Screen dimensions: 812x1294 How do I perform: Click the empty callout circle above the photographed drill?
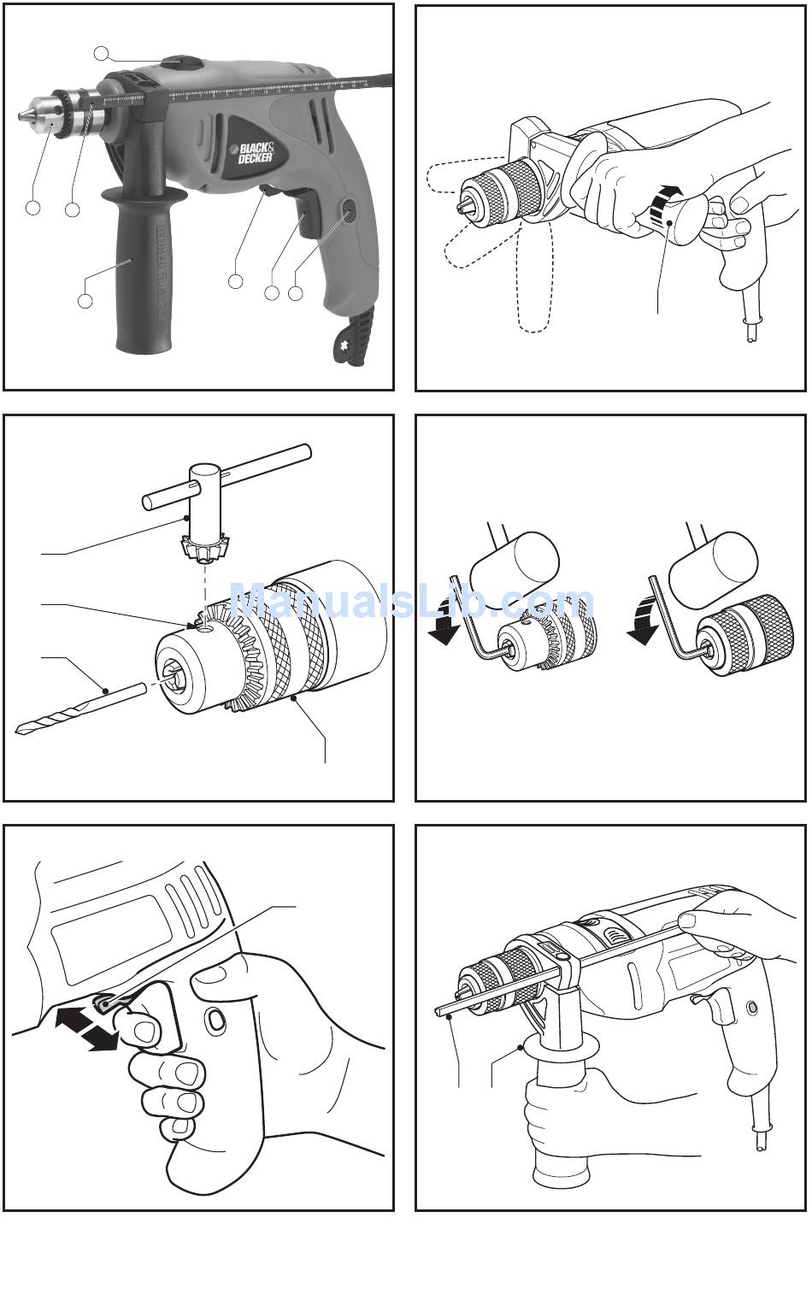point(102,54)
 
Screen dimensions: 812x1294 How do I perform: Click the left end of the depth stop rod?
point(439,1014)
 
